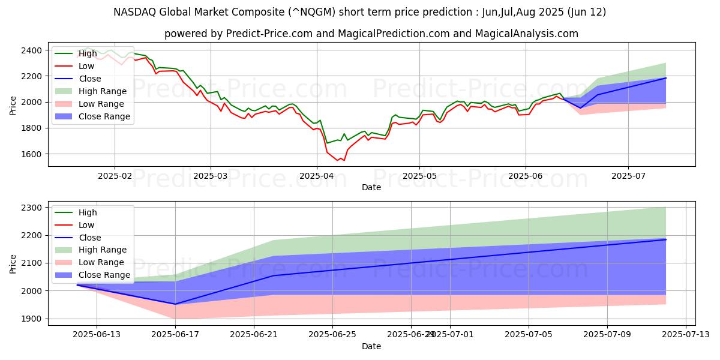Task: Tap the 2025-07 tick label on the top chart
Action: point(628,176)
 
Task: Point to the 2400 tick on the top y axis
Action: point(30,50)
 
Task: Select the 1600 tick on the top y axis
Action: point(30,154)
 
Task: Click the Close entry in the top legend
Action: point(90,79)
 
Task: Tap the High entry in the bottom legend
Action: point(88,212)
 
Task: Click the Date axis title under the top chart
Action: point(371,187)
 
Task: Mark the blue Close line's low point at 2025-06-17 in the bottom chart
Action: point(175,304)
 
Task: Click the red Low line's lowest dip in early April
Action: point(338,161)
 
